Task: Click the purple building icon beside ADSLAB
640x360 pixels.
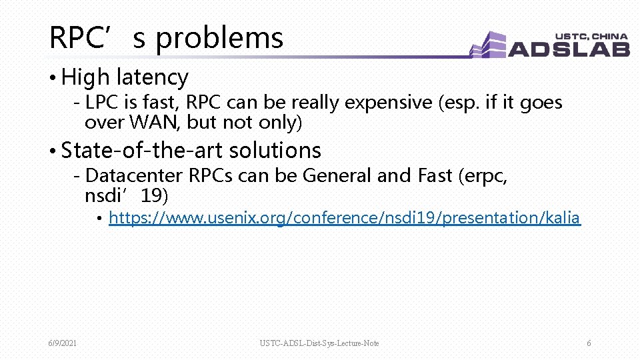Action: [489, 45]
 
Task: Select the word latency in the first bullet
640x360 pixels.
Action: [152, 78]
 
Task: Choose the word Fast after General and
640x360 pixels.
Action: [435, 176]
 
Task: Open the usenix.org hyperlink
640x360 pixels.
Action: [344, 218]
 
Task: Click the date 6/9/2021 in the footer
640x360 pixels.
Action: [62, 343]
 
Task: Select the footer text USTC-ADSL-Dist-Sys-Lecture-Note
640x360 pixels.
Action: [319, 343]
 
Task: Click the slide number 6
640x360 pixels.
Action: [589, 343]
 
